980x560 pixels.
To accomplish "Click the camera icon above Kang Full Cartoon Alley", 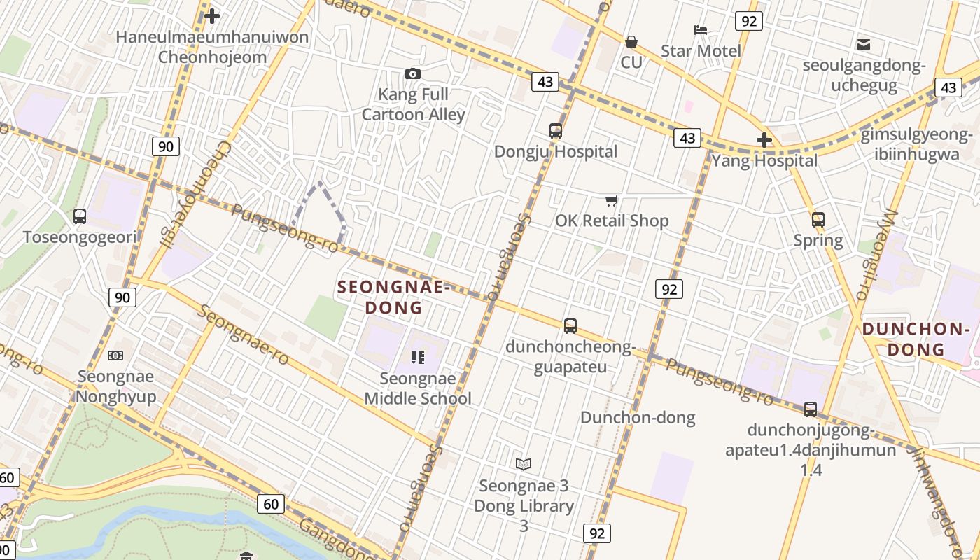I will [413, 73].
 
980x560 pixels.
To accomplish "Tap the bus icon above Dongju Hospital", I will [556, 131].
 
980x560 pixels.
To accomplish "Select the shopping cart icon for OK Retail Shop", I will [611, 201].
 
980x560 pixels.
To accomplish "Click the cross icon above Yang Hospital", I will [764, 140].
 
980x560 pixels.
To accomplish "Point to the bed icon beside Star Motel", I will [700, 30].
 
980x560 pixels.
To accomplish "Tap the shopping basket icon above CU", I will [631, 42].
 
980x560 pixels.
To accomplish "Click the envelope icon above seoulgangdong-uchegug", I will [864, 45].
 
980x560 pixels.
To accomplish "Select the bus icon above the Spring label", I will [818, 220].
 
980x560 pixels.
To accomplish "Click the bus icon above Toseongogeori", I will [80, 216].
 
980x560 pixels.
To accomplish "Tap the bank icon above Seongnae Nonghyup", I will [115, 356].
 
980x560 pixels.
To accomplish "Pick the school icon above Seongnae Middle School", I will [418, 358].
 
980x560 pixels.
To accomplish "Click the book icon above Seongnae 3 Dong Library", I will [524, 464].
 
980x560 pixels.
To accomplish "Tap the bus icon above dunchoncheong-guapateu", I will [570, 326].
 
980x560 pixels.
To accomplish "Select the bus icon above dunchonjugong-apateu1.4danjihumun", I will [810, 409].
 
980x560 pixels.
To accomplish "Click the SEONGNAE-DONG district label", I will [392, 297].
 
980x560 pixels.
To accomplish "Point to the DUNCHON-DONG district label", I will [913, 339].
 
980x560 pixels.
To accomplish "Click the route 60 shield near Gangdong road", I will [271, 503].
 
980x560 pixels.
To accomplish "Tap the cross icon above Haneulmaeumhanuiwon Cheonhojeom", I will [212, 15].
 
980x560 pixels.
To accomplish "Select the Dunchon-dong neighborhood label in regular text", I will [638, 418].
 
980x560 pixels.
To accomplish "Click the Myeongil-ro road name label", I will [876, 255].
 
